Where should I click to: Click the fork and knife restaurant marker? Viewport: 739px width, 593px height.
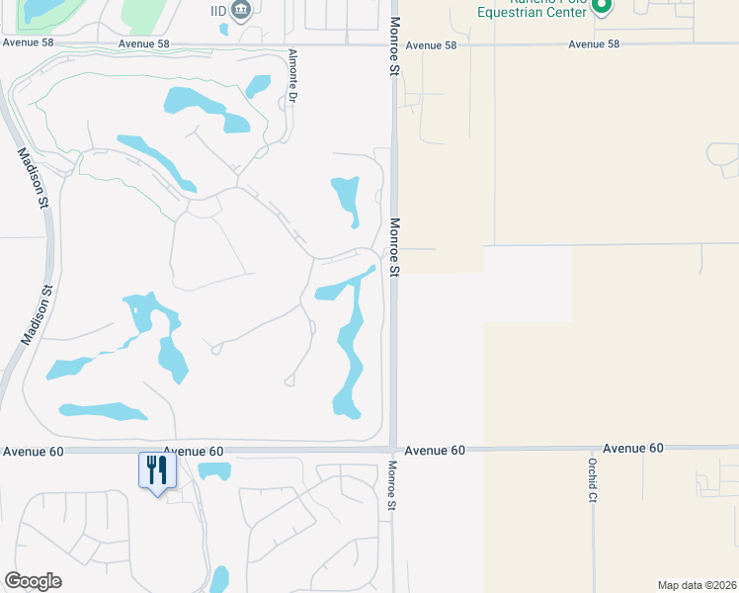click(x=156, y=468)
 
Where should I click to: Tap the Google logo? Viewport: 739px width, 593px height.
click(x=34, y=581)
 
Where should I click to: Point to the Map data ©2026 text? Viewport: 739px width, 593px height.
click(x=698, y=585)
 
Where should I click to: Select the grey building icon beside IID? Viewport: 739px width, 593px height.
click(x=240, y=10)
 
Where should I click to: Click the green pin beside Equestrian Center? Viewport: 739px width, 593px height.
click(x=603, y=6)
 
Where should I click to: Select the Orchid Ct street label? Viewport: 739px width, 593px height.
click(x=593, y=480)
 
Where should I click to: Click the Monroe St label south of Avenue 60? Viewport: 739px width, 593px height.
click(x=392, y=485)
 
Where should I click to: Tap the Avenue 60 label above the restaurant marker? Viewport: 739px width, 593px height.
click(x=194, y=451)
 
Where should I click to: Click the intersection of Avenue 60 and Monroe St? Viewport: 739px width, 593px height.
click(x=393, y=449)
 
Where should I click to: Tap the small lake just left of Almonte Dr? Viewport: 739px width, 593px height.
click(x=259, y=86)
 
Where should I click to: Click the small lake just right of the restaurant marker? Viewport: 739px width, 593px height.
click(x=213, y=471)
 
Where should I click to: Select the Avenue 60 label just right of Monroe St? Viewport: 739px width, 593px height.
click(x=434, y=450)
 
